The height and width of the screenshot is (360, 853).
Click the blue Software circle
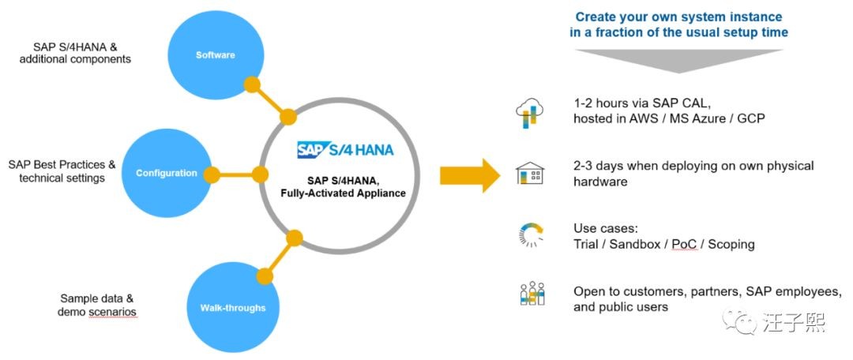tap(216, 55)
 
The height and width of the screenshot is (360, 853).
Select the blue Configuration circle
tap(167, 174)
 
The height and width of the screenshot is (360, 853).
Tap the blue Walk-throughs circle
tap(232, 308)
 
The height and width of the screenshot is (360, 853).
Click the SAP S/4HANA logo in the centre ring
tap(345, 149)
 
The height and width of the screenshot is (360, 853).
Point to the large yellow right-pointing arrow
tap(469, 175)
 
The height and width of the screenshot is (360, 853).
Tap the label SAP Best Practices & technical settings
tap(62, 171)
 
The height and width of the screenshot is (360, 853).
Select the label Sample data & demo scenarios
tap(97, 305)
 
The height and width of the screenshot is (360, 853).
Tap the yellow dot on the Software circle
tap(252, 84)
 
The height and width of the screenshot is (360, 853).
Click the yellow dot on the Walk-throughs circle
tap(265, 276)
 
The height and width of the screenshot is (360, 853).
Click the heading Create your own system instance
tap(679, 17)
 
